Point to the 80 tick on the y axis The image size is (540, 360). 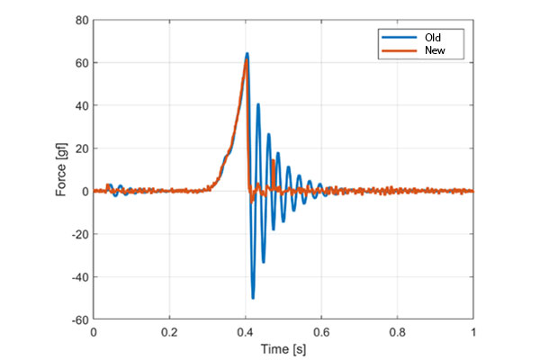81,20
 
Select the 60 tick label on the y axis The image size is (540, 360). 81,63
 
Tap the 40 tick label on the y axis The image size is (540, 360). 81,105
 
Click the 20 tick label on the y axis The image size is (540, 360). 81,148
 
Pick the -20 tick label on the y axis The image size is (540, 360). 79,234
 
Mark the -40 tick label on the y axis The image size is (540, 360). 79,277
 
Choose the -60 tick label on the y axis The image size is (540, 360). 79,319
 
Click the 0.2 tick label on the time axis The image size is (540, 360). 169,331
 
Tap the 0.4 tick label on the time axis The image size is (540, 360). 246,331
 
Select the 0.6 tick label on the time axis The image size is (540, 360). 321,331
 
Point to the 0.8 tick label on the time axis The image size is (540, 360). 398,331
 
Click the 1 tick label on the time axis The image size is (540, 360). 473,331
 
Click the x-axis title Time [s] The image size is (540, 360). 283,347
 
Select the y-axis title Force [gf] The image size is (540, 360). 59,170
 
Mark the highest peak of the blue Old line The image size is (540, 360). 247,54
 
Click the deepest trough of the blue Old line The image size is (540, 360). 253,298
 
